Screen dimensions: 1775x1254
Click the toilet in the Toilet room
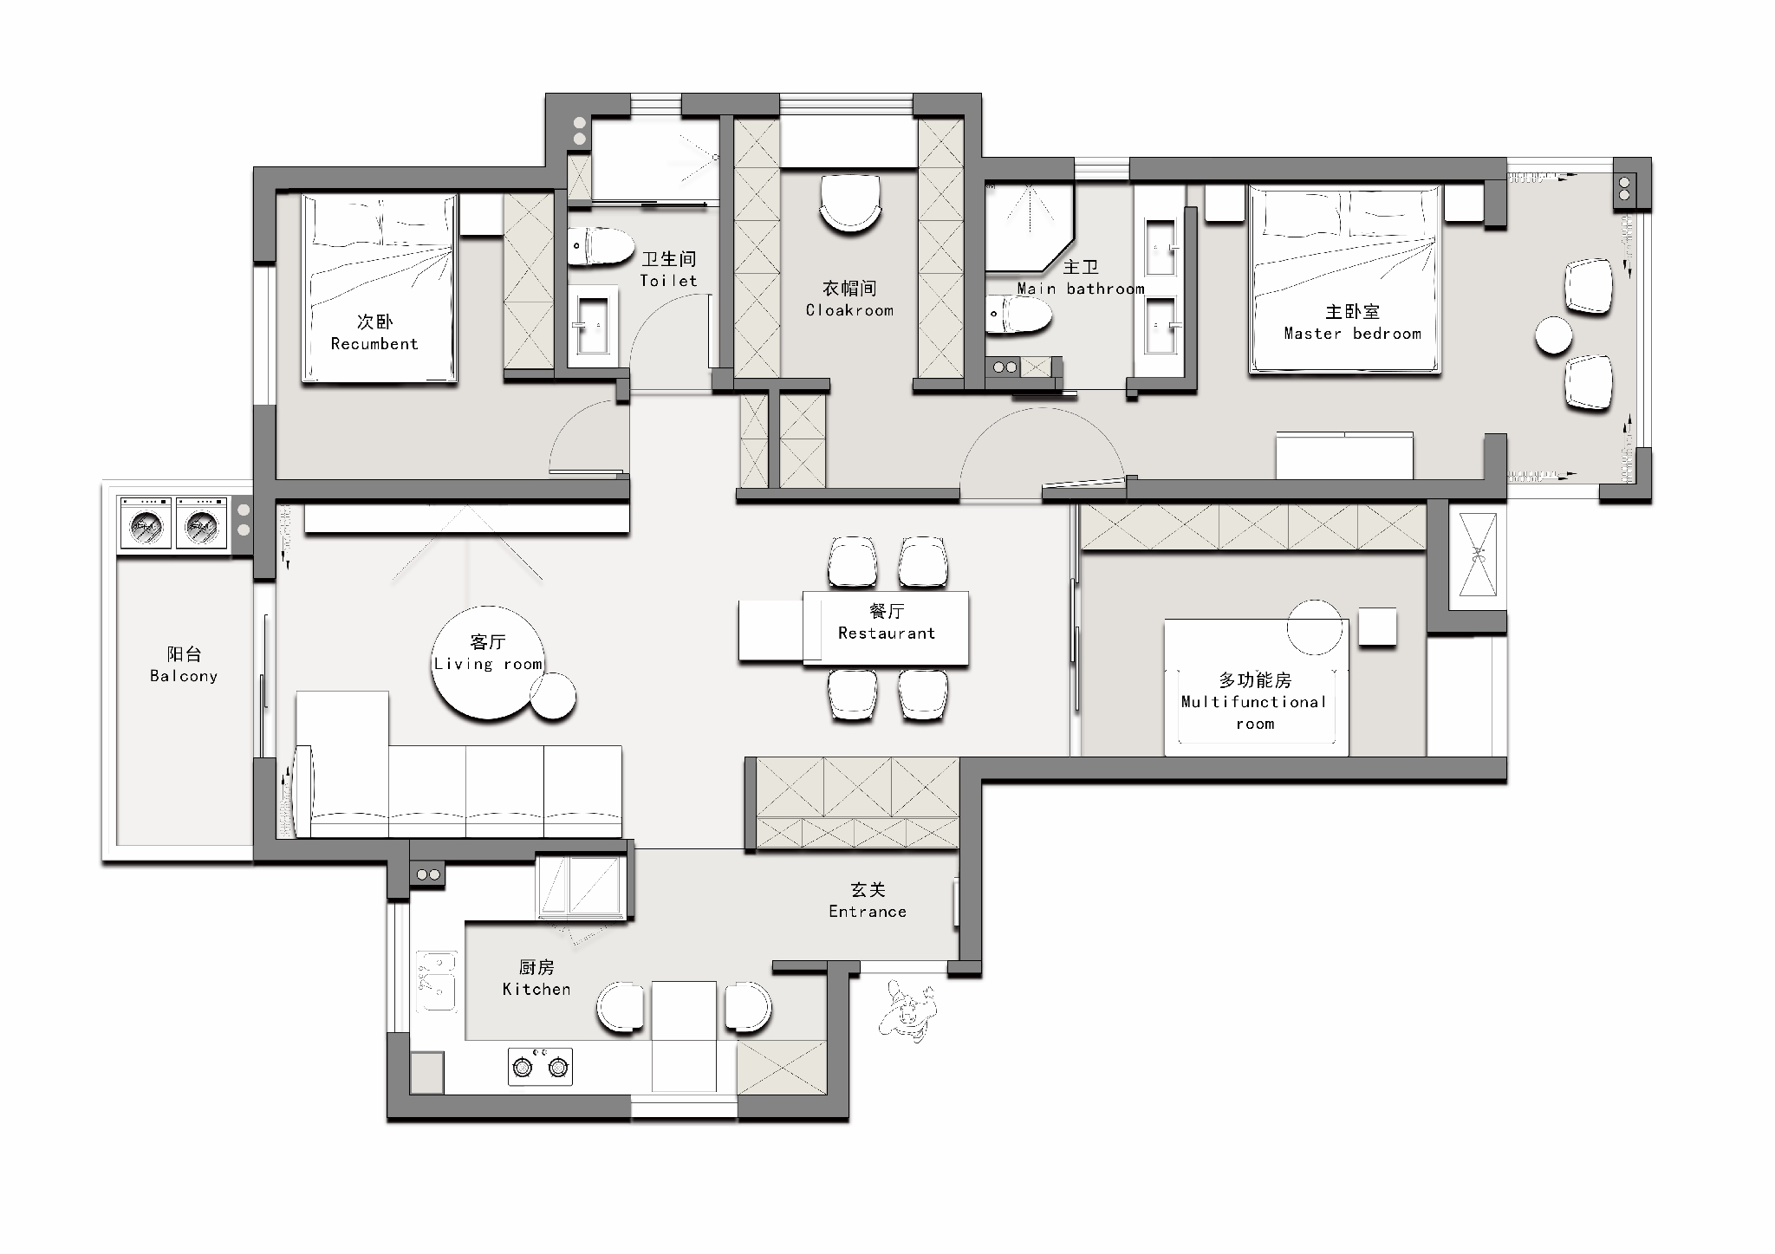click(601, 246)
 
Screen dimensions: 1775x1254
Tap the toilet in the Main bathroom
click(1019, 315)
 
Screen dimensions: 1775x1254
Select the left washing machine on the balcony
click(146, 523)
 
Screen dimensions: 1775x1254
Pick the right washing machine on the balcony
click(201, 523)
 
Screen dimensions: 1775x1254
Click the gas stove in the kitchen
click(540, 1067)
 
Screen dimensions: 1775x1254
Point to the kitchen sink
click(436, 981)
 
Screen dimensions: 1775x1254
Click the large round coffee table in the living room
click(488, 662)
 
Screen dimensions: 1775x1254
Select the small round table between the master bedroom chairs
click(1553, 335)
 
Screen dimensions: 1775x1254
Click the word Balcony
click(184, 676)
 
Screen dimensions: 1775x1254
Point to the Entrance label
click(868, 912)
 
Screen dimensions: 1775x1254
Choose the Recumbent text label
click(374, 344)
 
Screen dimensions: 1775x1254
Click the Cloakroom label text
click(849, 310)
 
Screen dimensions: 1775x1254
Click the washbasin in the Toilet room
click(594, 325)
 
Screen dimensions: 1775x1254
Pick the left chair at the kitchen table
click(621, 1007)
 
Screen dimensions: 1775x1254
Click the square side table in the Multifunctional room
click(1377, 627)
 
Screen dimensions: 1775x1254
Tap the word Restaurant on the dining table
click(887, 633)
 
